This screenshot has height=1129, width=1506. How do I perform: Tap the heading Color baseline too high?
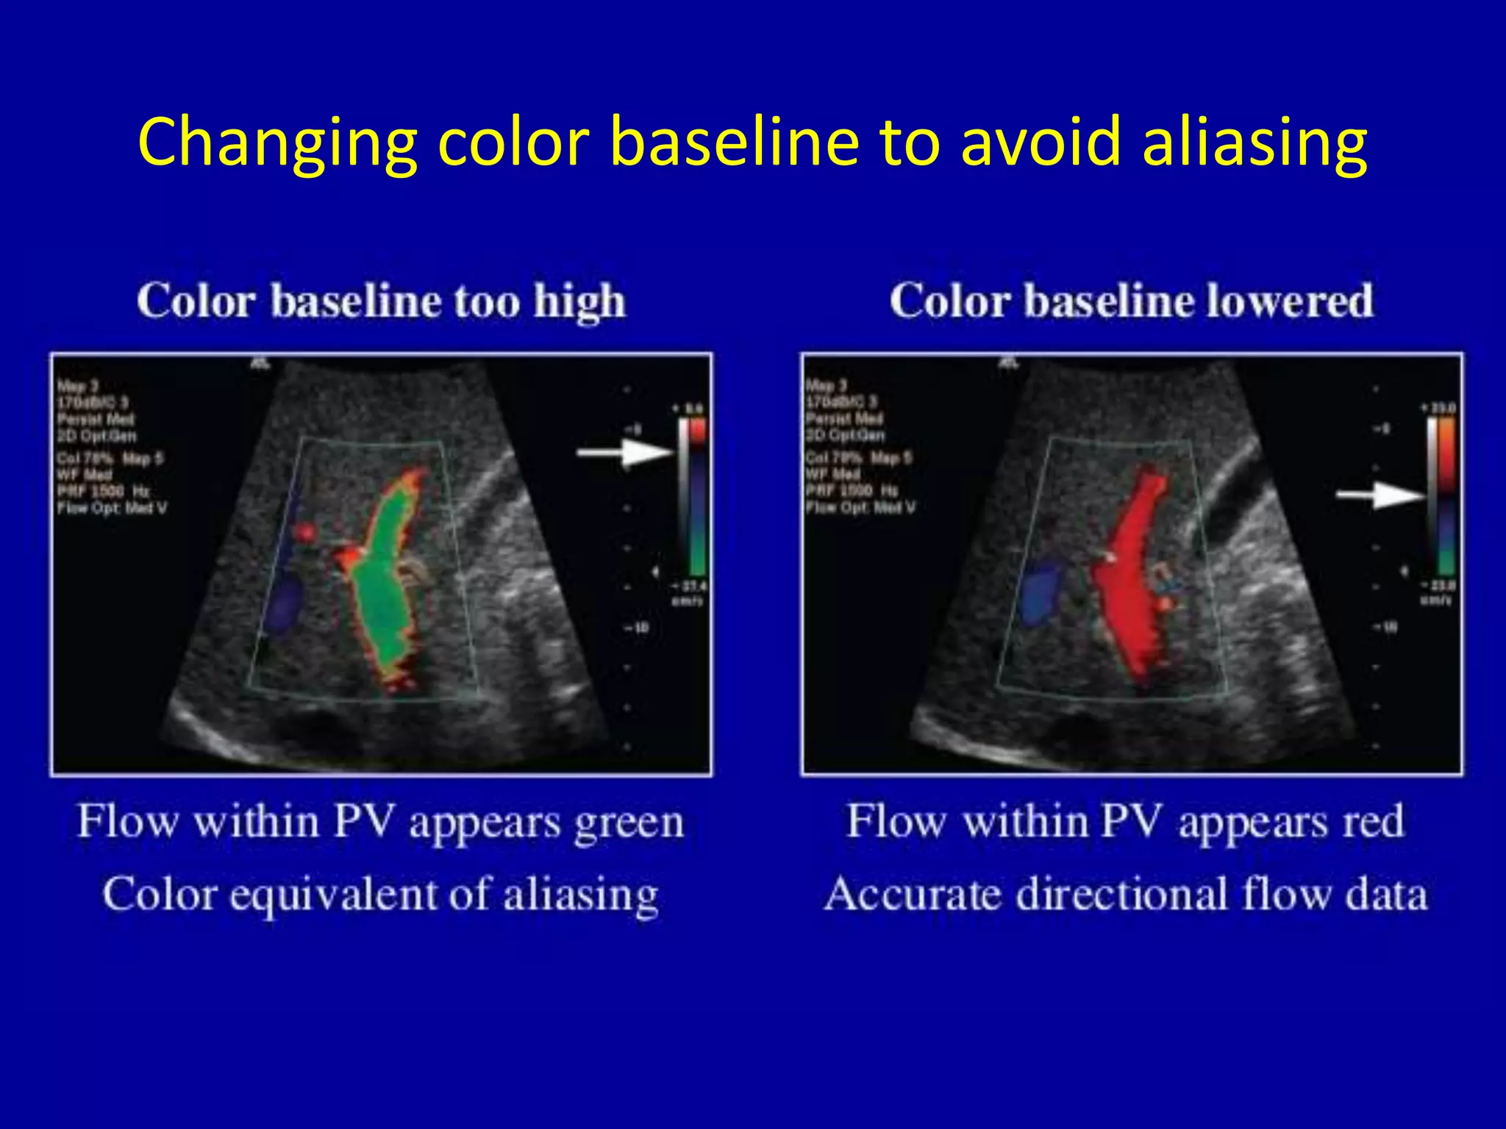381,301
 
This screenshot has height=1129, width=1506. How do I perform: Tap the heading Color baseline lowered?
1131,301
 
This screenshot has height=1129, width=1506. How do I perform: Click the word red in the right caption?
1373,822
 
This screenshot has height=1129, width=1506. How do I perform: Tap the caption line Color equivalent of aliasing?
380,895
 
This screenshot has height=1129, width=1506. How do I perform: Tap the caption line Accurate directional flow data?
1126,895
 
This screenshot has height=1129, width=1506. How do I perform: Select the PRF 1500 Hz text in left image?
103,491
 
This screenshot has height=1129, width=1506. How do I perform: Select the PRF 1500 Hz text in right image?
852,490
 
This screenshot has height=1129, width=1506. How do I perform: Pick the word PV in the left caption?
363,822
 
